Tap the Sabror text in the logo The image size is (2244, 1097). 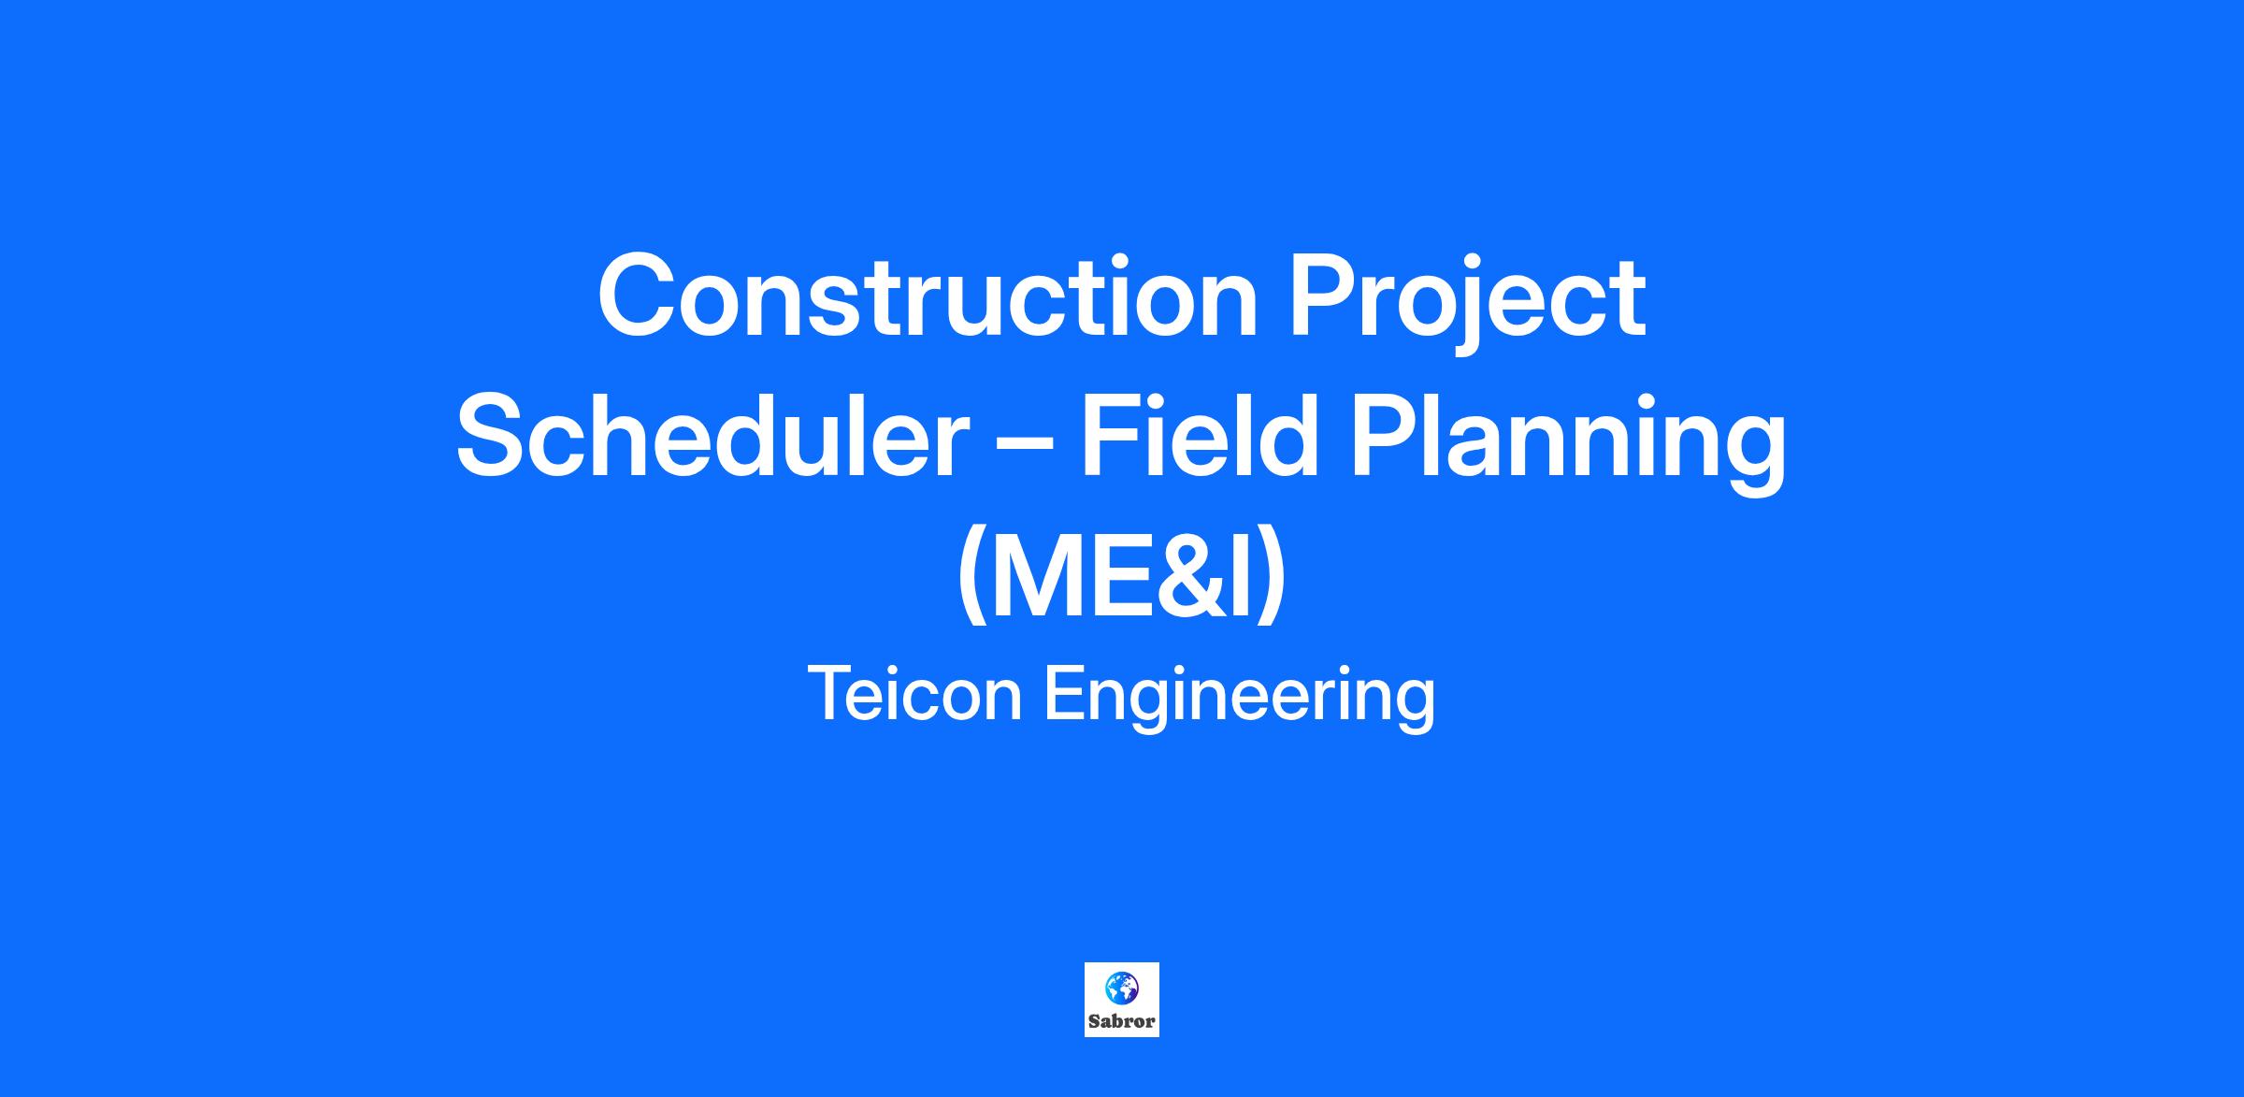tap(1121, 1021)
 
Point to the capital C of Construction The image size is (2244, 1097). tap(640, 296)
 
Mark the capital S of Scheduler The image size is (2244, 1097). tap(496, 436)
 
